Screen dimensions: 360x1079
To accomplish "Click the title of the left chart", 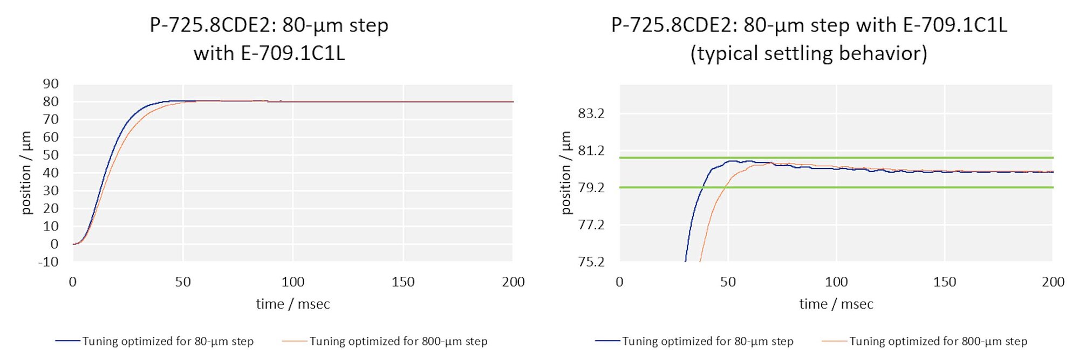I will point(269,39).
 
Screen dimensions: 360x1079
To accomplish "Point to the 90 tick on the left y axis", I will point(51,84).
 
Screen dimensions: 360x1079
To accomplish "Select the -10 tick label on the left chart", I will point(48,262).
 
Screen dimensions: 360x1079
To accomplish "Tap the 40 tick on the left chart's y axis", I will point(51,173).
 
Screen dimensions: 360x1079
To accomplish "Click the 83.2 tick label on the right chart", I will point(591,113).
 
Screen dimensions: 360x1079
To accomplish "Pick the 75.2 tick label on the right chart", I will point(591,262).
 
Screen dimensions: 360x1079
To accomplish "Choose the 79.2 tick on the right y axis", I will point(591,187).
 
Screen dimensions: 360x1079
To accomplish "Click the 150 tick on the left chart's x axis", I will point(403,282).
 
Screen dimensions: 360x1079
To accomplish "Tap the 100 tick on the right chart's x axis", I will point(836,282).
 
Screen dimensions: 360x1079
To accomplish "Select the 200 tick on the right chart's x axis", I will point(1053,282).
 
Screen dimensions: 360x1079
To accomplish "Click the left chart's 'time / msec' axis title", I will point(293,304).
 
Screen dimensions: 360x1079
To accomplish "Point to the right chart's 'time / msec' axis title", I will point(836,304).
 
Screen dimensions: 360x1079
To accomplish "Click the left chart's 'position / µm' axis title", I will point(26,173).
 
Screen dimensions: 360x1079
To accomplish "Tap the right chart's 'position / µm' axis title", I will point(565,173).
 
